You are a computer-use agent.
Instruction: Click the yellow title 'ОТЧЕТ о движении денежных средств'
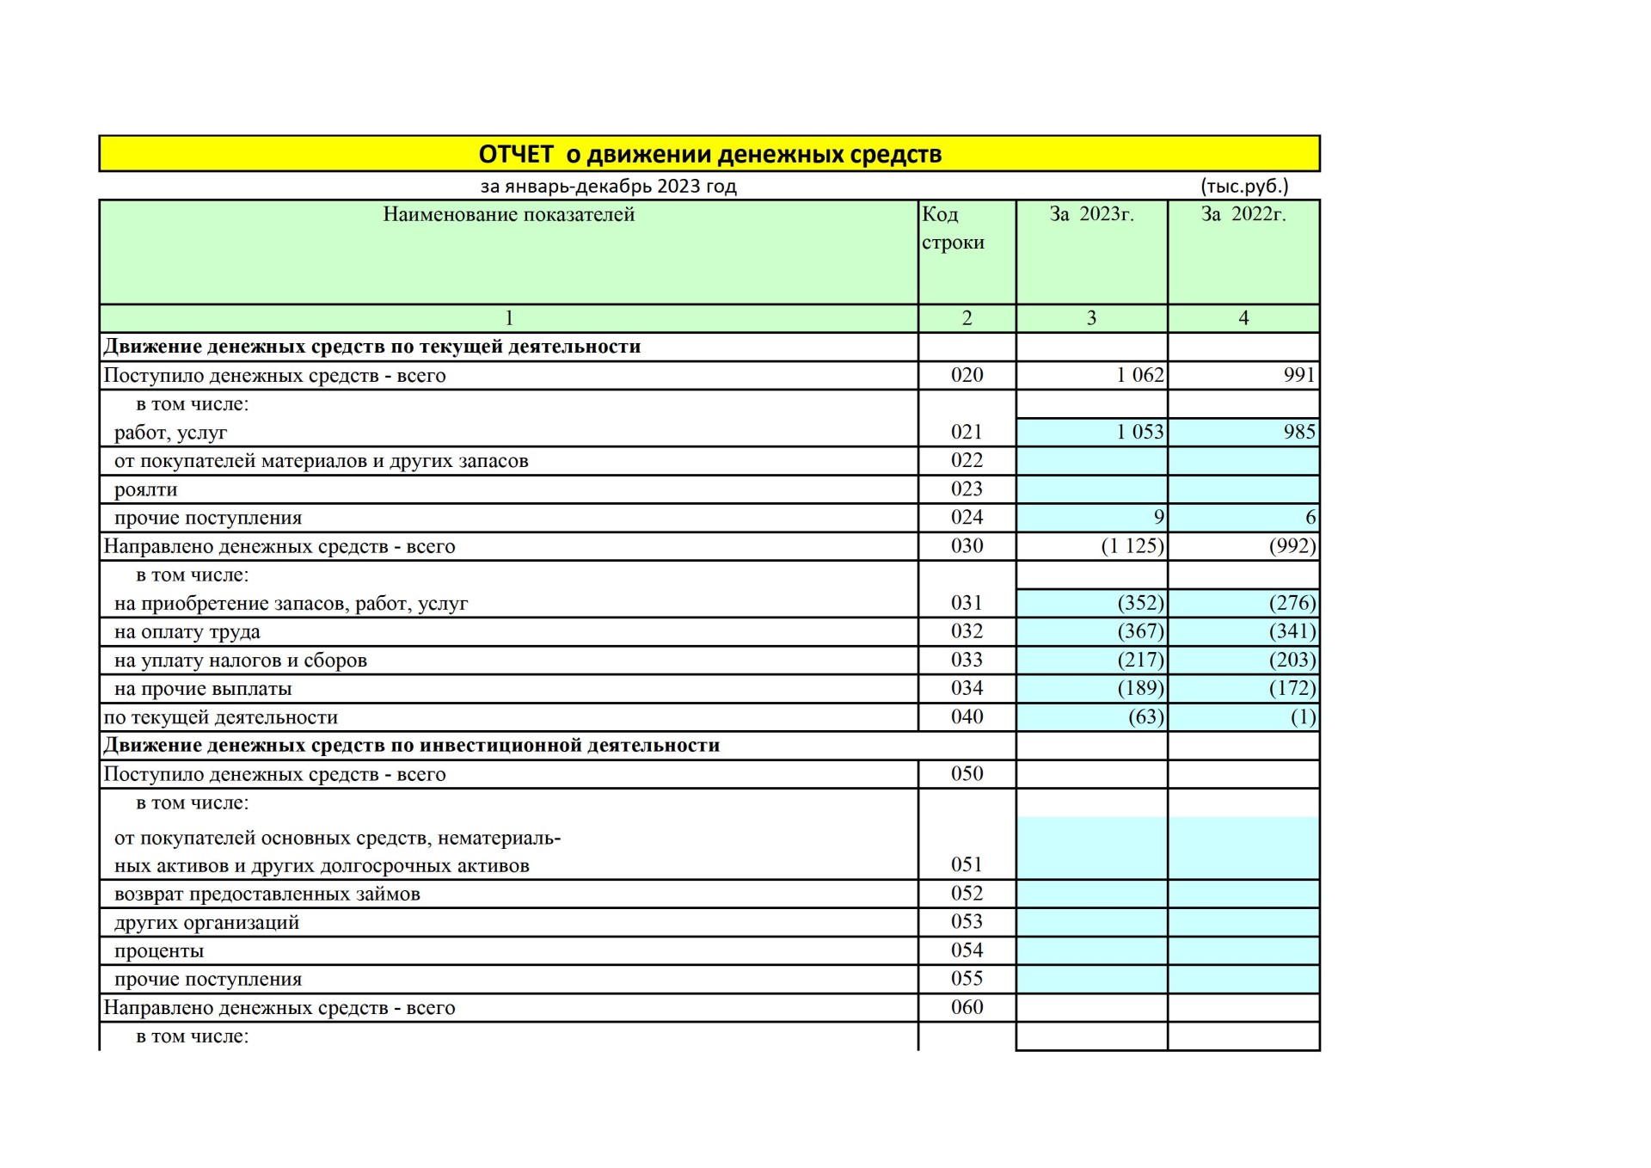click(709, 155)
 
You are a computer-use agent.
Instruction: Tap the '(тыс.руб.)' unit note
click(1243, 186)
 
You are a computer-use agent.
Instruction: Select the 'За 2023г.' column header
click(1091, 214)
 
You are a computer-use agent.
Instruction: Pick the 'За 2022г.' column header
click(1243, 214)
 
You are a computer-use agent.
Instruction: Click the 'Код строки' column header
click(953, 228)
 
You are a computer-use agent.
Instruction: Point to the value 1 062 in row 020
click(1139, 375)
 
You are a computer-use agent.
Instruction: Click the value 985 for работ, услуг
click(1298, 432)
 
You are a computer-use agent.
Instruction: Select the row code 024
click(967, 517)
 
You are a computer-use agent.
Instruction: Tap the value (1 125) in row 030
click(1132, 546)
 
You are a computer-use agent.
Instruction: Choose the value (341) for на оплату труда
click(1292, 631)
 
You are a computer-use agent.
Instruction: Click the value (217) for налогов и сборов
click(1140, 660)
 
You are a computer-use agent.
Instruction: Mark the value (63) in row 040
click(1145, 716)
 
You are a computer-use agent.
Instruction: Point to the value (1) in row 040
click(1303, 716)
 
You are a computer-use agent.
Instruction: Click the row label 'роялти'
click(145, 489)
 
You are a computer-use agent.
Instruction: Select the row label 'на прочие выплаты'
click(203, 689)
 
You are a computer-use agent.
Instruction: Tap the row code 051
click(967, 864)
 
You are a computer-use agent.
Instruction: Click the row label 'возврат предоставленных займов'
click(267, 894)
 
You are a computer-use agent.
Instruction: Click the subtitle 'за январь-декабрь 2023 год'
click(608, 186)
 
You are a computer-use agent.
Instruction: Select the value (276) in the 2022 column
click(1292, 603)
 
